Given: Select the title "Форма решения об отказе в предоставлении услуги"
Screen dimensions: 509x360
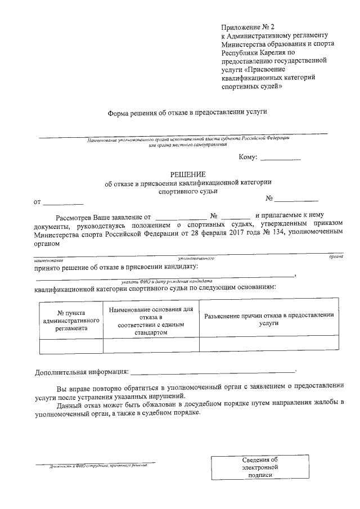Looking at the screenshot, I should pos(187,112).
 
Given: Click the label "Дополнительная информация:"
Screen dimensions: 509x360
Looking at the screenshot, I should pos(81,372).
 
